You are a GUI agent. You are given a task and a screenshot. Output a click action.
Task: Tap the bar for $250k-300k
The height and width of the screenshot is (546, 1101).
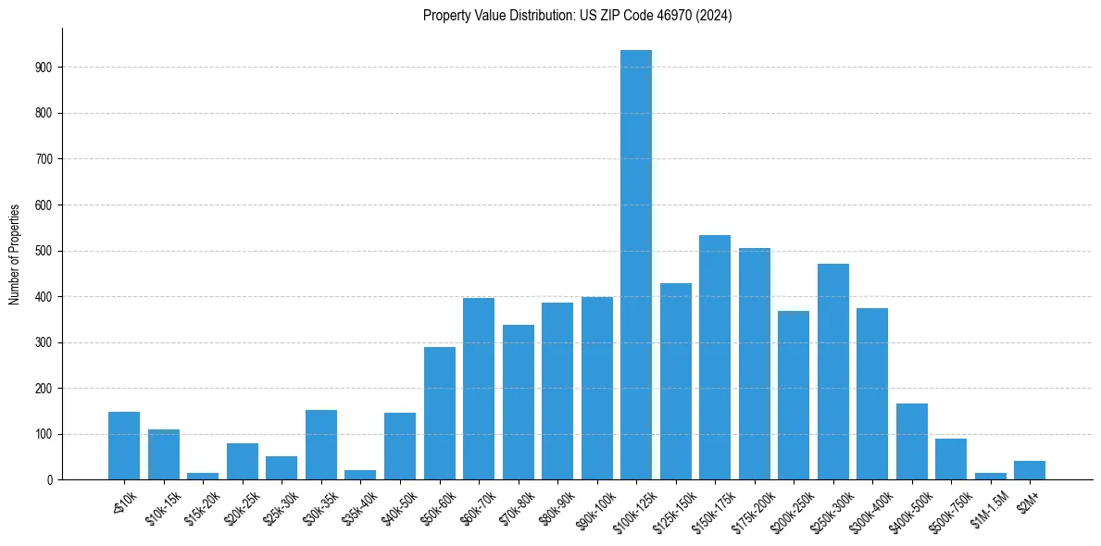pyautogui.click(x=833, y=371)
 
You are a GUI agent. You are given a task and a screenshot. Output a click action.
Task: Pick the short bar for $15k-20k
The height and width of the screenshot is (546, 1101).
pyautogui.click(x=203, y=476)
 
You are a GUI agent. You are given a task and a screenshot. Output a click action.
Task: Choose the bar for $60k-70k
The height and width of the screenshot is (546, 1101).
pyautogui.click(x=479, y=389)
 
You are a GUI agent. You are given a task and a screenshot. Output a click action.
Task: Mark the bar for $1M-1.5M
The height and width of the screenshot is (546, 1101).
pyautogui.click(x=991, y=476)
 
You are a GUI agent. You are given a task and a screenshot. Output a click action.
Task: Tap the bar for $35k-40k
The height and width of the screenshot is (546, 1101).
pyautogui.click(x=360, y=475)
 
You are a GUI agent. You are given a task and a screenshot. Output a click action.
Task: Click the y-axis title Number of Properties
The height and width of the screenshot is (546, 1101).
pyautogui.click(x=14, y=254)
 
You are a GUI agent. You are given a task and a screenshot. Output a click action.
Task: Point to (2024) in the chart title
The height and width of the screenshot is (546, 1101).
pyautogui.click(x=716, y=16)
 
